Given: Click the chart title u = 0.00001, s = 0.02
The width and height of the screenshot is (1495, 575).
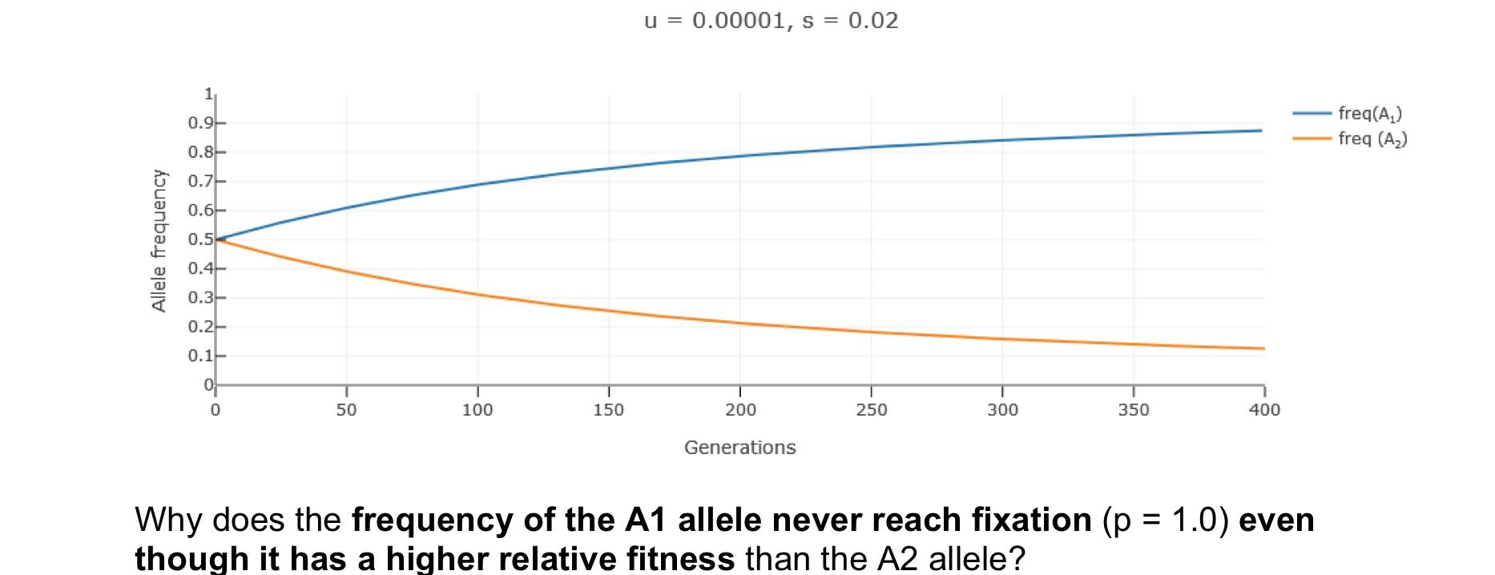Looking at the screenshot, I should (771, 21).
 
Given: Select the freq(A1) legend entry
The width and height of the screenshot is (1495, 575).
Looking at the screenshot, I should (1369, 115).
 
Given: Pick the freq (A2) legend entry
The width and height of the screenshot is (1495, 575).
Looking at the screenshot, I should (1372, 139).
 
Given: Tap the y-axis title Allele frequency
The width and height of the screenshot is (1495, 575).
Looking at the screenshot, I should (159, 240).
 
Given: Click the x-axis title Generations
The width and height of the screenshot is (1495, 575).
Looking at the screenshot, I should (739, 448).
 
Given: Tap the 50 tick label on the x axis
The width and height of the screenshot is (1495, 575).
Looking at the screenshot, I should (346, 410).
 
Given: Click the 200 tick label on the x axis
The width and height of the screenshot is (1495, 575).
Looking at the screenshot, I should (739, 410).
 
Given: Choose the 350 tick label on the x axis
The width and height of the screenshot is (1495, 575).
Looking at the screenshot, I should (1133, 410).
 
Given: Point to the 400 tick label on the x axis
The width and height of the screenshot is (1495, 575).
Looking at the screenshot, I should (1264, 410).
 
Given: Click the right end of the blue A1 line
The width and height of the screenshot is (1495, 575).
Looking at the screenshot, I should (1261, 131).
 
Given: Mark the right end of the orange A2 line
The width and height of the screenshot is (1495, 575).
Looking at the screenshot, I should (1263, 348).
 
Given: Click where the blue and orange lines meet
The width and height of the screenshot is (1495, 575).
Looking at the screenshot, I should (217, 239).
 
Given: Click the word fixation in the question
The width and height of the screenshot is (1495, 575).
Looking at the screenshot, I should (1032, 521).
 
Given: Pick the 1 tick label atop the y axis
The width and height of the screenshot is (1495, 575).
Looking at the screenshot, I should (208, 94).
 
